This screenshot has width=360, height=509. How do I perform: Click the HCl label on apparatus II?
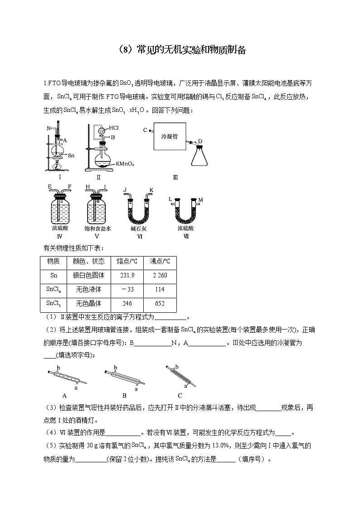pos(114,128)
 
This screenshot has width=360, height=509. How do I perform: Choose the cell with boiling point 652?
pos(159,303)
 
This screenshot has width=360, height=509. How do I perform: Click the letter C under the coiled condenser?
pos(180,395)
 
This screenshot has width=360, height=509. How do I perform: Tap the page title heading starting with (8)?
pos(180,50)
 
